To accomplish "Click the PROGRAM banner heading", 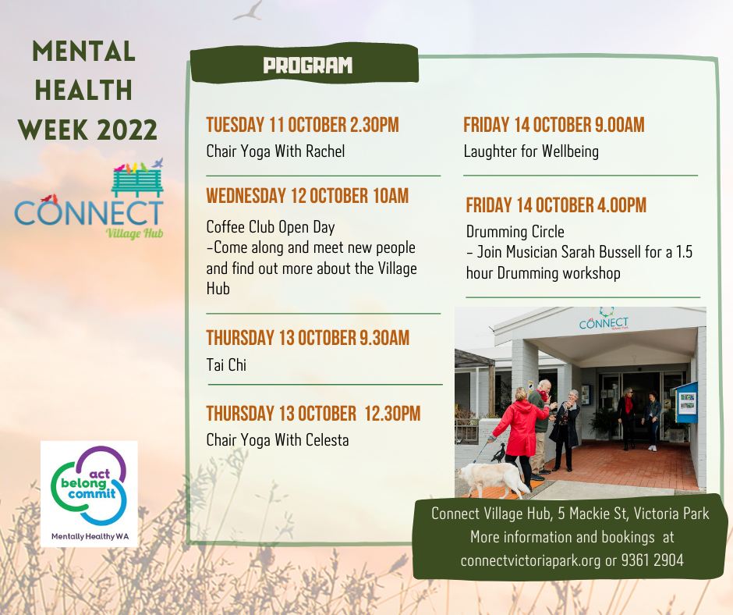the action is point(307,66).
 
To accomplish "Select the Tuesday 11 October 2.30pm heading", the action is point(303,125).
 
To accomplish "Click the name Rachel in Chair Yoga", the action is point(325,151).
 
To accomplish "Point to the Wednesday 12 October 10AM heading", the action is point(307,196).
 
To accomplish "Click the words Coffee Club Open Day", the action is point(271,227).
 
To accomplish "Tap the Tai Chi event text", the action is point(226,365).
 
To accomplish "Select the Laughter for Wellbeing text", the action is point(531,151).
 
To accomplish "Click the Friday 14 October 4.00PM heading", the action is point(556,205).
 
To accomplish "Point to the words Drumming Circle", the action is point(515,232).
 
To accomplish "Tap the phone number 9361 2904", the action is point(652,560).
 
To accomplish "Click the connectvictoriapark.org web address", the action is point(530,560).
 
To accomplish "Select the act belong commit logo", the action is point(89,494).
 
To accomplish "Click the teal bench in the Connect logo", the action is point(137,183).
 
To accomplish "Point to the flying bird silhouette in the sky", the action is point(248,11).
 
